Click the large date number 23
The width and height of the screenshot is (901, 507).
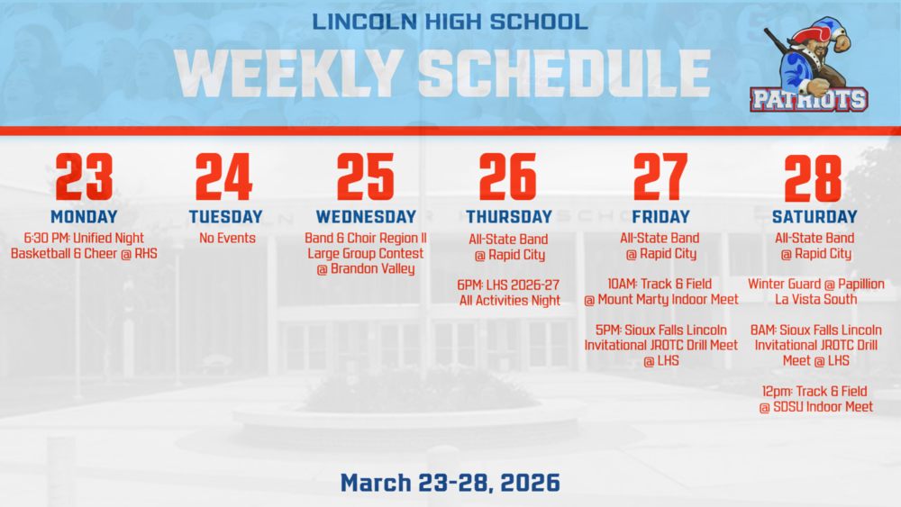[84, 177]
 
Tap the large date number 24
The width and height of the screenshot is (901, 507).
[223, 177]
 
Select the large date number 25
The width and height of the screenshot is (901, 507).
[365, 177]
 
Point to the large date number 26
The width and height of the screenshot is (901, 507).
[507, 177]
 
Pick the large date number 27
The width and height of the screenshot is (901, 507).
[660, 177]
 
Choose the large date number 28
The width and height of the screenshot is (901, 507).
[813, 177]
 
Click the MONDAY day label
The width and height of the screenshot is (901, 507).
[84, 217]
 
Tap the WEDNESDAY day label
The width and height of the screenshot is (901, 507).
[366, 217]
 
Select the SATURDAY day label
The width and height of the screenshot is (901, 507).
[815, 217]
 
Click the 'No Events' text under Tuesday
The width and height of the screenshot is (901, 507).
[227, 239]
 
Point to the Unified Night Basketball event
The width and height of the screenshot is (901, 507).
[84, 246]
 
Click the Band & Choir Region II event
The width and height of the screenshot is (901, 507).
[366, 253]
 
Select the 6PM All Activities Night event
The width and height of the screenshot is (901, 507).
[509, 293]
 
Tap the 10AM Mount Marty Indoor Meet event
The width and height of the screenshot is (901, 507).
[660, 292]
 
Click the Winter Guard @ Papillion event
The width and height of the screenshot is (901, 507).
[815, 292]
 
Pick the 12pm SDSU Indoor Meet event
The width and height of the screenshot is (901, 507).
[815, 399]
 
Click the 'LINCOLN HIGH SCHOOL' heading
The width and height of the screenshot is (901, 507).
[450, 21]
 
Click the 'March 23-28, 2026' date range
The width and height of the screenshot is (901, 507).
[450, 482]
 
